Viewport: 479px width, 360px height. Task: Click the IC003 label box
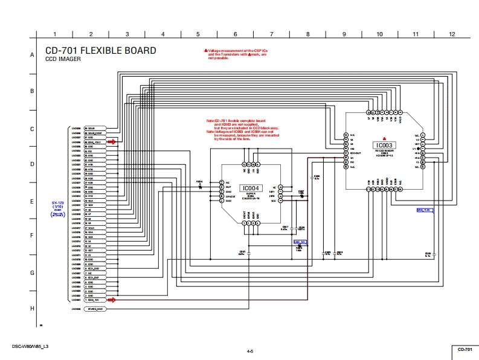click(384, 146)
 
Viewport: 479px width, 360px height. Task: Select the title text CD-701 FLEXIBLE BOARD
click(101, 51)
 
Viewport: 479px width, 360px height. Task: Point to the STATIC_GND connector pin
click(95, 309)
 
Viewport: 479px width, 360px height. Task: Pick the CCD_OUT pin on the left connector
click(94, 278)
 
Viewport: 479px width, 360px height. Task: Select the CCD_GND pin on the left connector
click(94, 269)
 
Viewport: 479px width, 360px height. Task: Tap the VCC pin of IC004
click(273, 201)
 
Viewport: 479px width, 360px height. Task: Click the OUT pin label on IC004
click(228, 187)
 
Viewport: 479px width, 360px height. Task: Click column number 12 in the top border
click(452, 34)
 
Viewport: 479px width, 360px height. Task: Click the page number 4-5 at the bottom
click(249, 351)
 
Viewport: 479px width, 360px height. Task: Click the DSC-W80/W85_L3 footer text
click(30, 346)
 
